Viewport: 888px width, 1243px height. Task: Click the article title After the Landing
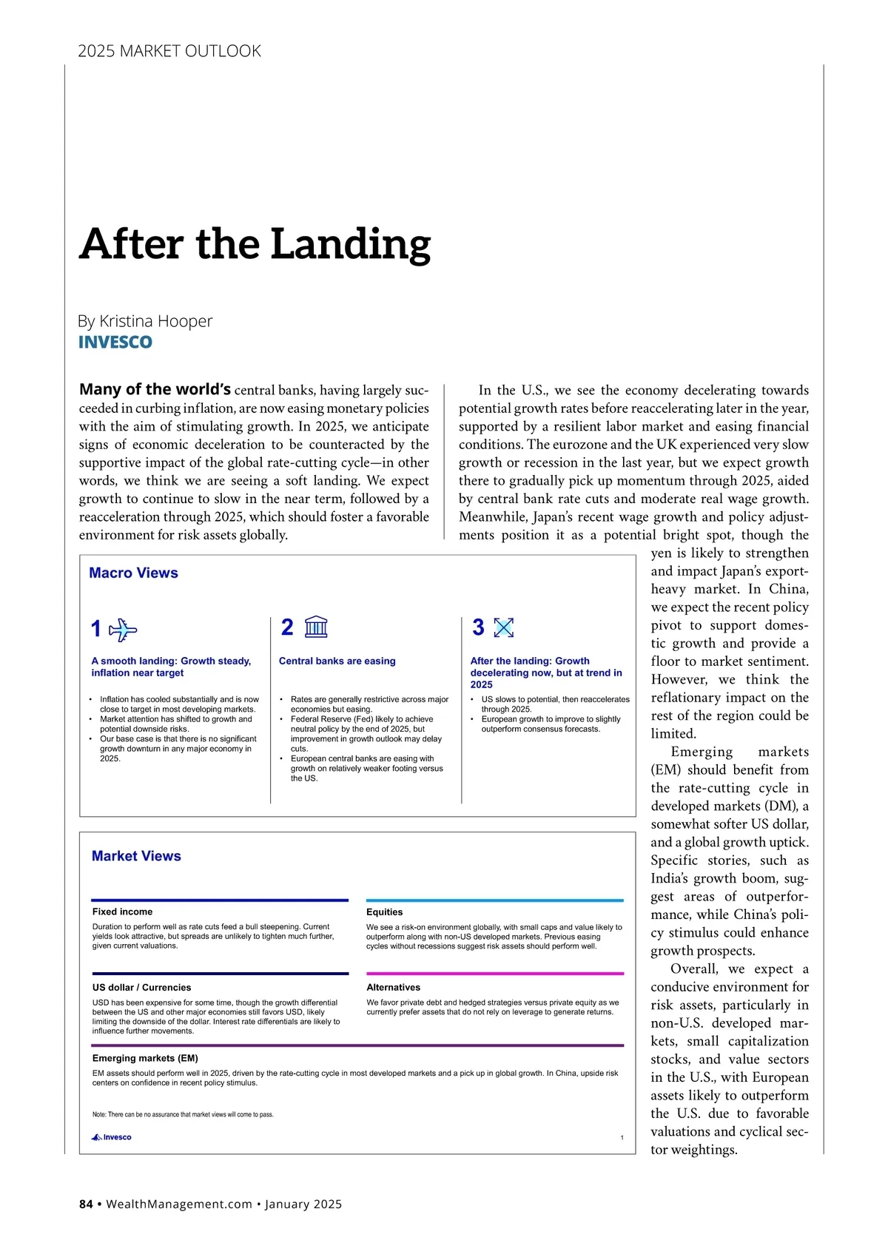click(x=255, y=244)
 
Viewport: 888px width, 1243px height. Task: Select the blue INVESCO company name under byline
click(x=115, y=343)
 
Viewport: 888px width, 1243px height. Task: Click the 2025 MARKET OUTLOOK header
click(x=169, y=51)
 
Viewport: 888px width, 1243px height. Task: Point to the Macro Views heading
click(x=133, y=573)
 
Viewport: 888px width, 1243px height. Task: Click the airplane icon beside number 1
click(x=123, y=630)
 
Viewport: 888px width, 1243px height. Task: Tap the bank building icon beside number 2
click(x=316, y=627)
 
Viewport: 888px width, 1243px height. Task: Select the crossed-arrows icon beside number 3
click(x=503, y=627)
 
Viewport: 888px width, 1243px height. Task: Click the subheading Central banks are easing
click(x=337, y=661)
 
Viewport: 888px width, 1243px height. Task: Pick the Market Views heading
click(x=136, y=856)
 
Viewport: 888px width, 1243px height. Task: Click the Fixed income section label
click(x=122, y=912)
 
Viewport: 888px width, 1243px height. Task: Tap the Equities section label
click(x=384, y=912)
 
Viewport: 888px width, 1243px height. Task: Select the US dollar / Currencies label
click(x=141, y=988)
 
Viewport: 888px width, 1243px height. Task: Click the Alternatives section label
click(x=393, y=988)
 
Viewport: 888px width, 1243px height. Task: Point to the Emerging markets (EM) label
click(x=145, y=1059)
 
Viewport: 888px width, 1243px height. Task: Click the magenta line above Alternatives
click(x=494, y=974)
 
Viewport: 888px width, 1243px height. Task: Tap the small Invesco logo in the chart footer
click(x=111, y=1137)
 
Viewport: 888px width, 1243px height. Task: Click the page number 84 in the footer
click(x=86, y=1204)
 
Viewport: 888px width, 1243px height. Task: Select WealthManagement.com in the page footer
click(x=179, y=1204)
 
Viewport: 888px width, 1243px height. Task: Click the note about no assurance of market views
click(x=183, y=1114)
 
